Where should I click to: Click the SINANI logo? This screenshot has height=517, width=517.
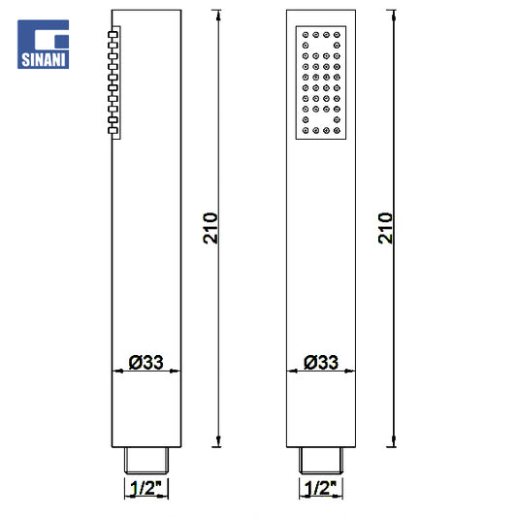click(44, 45)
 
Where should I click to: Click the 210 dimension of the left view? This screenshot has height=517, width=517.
click(210, 228)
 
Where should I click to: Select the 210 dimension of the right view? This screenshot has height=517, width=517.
click(385, 228)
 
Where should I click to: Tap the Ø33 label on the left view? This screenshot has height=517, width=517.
click(146, 362)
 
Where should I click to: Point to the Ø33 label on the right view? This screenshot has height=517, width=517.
click(321, 362)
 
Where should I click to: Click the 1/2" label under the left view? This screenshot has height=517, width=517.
click(145, 488)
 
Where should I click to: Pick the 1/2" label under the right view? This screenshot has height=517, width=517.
click(320, 488)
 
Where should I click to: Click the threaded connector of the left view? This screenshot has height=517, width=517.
click(146, 461)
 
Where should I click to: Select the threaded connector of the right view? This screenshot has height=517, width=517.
click(321, 461)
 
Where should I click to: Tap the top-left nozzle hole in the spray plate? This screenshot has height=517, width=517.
click(306, 35)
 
